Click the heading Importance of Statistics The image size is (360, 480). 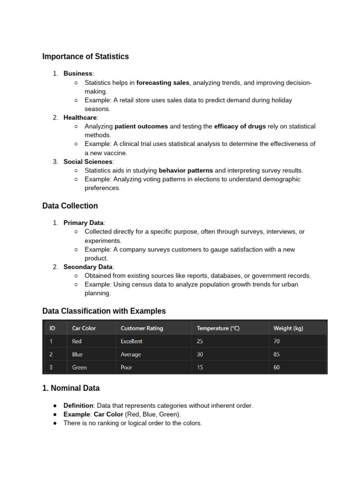click(85, 57)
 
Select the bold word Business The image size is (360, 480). click(78, 74)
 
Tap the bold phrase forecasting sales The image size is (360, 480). click(163, 82)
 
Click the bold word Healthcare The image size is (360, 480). click(80, 118)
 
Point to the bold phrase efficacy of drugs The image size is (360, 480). click(240, 127)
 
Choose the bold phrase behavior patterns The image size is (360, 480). click(186, 170)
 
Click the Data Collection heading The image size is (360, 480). click(70, 206)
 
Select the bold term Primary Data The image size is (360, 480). click(83, 223)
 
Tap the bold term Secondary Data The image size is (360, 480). click(88, 267)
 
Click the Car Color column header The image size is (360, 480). click(84, 328)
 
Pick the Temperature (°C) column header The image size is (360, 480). click(218, 328)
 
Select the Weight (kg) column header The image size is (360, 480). click(288, 328)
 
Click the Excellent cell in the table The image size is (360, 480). click(131, 341)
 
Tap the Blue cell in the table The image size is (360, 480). click(77, 354)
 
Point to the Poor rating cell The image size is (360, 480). click(126, 367)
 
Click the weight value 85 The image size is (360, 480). click(277, 354)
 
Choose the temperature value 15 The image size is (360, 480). click(200, 367)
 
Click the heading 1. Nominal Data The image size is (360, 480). click(71, 388)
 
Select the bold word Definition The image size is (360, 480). click(78, 405)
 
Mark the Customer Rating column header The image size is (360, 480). click(142, 328)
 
